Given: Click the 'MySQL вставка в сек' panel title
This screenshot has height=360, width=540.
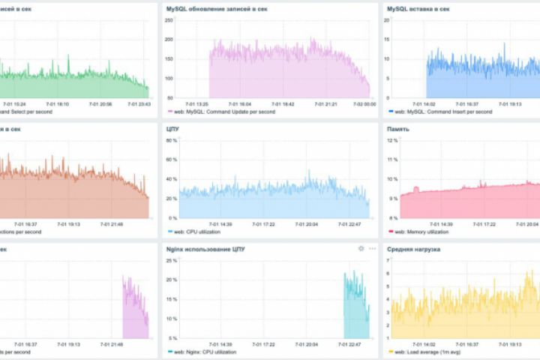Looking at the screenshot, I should [418, 9].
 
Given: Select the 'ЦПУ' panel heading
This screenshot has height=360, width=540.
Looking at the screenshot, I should [172, 129].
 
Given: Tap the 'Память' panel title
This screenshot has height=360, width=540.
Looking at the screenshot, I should [398, 129].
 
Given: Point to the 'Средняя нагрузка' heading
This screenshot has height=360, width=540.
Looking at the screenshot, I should [413, 248].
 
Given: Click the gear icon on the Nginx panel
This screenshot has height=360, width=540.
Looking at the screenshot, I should [361, 248].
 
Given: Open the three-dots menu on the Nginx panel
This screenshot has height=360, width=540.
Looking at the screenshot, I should [372, 248].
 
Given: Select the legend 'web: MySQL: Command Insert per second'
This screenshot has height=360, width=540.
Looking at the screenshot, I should [443, 112].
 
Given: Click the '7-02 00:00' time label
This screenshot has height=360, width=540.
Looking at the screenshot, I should [365, 104].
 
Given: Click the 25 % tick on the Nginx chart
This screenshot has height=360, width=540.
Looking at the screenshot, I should [171, 260].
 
